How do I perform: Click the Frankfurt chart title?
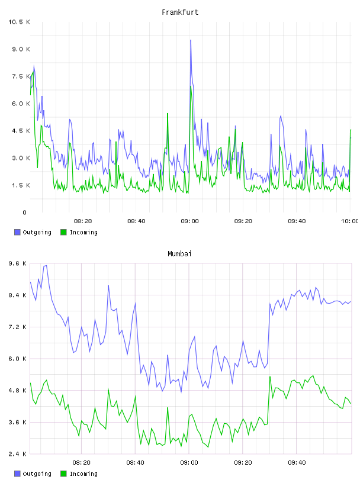click(x=180, y=12)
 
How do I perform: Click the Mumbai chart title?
click(x=179, y=254)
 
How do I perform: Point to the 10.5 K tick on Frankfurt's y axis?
click(x=19, y=22)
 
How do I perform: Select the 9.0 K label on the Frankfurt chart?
click(x=21, y=49)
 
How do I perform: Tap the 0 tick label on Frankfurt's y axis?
click(x=25, y=212)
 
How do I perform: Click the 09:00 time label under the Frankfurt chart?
click(x=190, y=221)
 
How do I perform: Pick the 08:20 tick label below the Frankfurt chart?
click(x=83, y=221)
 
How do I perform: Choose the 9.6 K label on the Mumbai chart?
click(x=18, y=263)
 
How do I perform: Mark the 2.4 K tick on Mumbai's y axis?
click(x=18, y=454)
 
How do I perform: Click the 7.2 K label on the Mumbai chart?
click(x=18, y=327)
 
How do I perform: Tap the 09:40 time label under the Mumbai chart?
click(x=297, y=463)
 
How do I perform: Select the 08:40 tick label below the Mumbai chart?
click(x=136, y=463)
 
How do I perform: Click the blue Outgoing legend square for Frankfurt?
click(x=17, y=232)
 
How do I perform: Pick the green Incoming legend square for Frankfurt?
click(x=63, y=232)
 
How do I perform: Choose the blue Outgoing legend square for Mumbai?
click(x=17, y=474)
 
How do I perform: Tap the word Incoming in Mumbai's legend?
click(x=83, y=474)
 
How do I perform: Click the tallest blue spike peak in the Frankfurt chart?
click(x=191, y=40)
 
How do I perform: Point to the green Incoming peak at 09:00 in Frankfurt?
click(x=191, y=86)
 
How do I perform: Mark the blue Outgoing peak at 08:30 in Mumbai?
click(x=108, y=286)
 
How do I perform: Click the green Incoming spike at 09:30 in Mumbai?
click(x=270, y=377)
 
